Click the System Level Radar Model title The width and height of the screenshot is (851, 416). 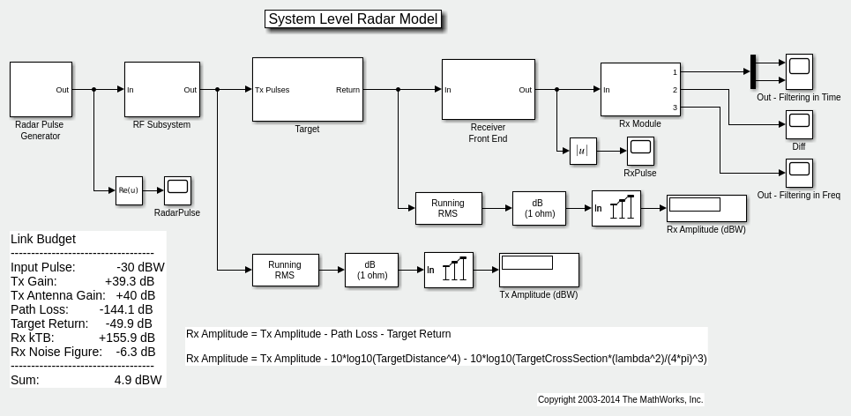point(353,19)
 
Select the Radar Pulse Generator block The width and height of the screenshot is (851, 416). point(40,89)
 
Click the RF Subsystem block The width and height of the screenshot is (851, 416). point(161,89)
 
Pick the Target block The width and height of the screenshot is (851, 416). point(307,89)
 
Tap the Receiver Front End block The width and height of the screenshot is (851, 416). point(488,89)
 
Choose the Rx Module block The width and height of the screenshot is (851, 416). point(640,89)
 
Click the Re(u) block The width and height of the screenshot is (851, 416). point(129,190)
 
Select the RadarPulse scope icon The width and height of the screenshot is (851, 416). point(177,190)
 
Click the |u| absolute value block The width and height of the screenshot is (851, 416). point(583,152)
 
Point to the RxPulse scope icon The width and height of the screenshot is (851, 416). point(640,151)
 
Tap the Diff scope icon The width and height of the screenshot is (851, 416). point(799,124)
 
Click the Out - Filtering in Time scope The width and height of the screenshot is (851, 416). point(799,71)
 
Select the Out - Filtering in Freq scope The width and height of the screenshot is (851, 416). point(799,173)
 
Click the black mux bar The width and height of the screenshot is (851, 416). point(753,71)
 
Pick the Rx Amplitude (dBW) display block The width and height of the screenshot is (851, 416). point(706,208)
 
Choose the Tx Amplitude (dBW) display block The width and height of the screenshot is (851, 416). point(539,270)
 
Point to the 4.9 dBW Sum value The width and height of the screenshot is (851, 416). point(138,380)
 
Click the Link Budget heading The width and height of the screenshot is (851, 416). point(43,239)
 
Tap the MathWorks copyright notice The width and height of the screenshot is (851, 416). point(620,399)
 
